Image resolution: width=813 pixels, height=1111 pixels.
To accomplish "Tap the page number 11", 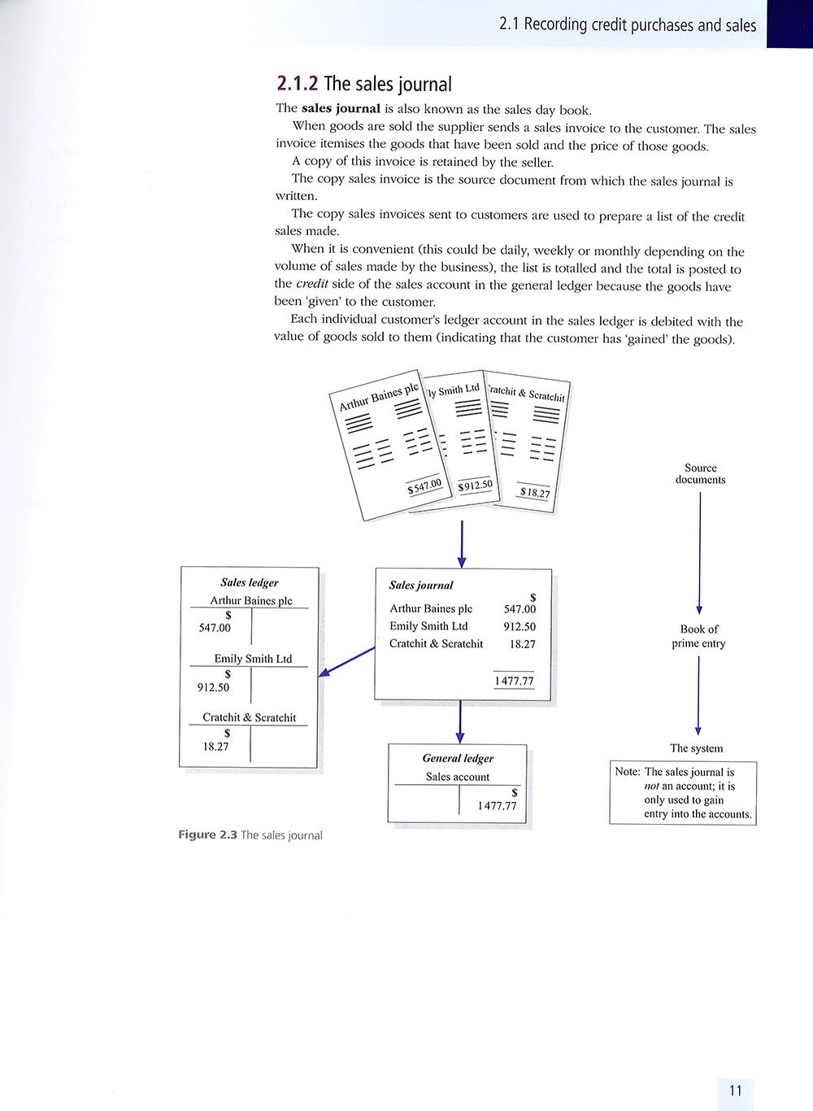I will (735, 1091).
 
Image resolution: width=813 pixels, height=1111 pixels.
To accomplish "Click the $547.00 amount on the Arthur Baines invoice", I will (424, 486).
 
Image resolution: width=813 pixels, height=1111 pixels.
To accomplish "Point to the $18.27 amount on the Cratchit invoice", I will (534, 492).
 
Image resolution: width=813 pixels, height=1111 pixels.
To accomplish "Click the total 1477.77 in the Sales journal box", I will (515, 682).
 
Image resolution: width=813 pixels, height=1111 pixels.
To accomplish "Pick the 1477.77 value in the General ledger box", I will (497, 806).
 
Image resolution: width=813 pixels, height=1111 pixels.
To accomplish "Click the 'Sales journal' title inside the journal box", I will (421, 586).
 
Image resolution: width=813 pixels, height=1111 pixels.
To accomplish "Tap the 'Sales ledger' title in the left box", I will (249, 582).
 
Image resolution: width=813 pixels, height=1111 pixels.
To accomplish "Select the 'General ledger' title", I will (458, 758).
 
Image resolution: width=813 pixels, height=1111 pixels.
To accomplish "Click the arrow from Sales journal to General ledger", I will (460, 721).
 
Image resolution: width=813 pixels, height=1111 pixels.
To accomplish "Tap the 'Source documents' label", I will (700, 473).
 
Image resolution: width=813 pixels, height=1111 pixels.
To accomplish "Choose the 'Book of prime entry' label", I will (698, 636).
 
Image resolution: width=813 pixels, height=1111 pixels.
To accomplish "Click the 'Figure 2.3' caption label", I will (207, 834).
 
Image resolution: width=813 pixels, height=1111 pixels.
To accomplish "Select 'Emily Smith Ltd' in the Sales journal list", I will (428, 626).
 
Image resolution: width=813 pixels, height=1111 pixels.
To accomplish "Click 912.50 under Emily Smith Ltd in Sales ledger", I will (214, 687).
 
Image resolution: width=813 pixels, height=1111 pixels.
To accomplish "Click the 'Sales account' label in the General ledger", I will (458, 777).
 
